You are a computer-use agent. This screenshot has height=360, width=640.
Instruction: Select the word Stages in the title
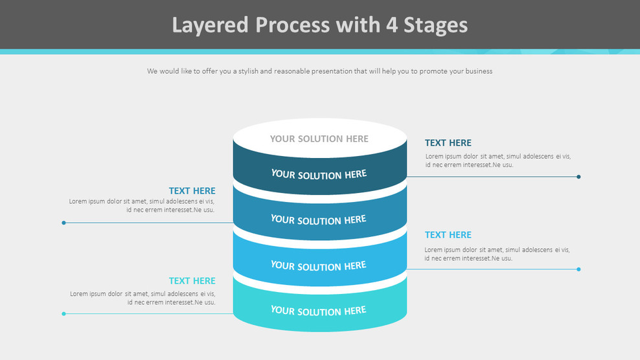click(435, 25)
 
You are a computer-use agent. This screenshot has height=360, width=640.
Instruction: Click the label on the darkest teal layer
click(319, 174)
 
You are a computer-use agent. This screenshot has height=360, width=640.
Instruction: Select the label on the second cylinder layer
click(319, 220)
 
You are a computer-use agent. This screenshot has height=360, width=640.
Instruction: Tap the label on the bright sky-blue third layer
click(319, 265)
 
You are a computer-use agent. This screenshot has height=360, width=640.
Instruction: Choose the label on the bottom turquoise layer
click(319, 311)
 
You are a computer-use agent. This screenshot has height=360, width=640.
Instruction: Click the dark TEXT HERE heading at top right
click(448, 143)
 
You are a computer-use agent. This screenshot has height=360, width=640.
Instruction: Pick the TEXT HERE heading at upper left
click(192, 191)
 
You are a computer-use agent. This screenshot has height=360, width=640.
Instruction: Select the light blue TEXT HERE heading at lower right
click(448, 235)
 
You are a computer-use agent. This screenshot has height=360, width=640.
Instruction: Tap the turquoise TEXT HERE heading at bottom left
click(192, 281)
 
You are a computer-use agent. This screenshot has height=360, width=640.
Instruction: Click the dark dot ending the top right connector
click(578, 177)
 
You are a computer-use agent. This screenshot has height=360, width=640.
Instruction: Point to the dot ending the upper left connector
click(63, 223)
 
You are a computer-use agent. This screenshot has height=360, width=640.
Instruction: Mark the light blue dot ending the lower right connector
click(578, 269)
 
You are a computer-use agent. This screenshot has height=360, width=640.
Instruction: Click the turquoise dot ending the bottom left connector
click(63, 314)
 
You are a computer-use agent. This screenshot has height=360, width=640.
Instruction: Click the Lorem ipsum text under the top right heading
click(497, 161)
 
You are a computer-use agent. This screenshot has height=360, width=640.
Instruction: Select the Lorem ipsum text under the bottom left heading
click(143, 298)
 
